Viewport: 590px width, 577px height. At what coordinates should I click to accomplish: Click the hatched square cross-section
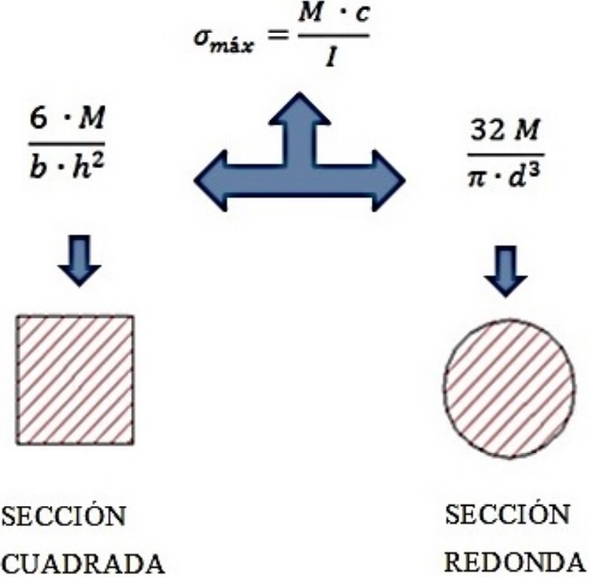point(74,380)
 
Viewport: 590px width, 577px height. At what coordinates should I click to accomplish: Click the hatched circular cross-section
point(509,389)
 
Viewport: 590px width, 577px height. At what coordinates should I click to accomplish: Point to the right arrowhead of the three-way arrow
point(387,179)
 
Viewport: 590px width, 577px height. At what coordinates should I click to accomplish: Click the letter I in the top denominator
point(332,62)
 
